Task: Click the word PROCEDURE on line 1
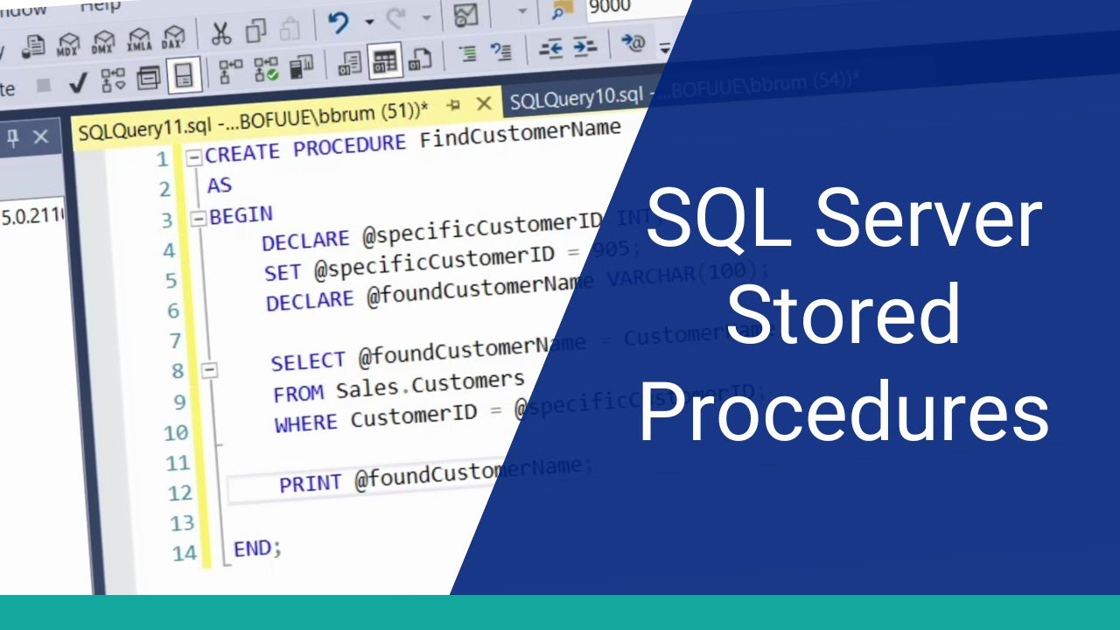(349, 146)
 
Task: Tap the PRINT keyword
(311, 483)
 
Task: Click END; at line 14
(257, 549)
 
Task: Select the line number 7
(173, 341)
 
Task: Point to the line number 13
(181, 523)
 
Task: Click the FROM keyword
(298, 393)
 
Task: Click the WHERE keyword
(305, 423)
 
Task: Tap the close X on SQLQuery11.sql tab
(484, 104)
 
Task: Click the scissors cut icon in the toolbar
(221, 33)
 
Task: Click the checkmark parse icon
(77, 83)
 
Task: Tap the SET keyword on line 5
(283, 273)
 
